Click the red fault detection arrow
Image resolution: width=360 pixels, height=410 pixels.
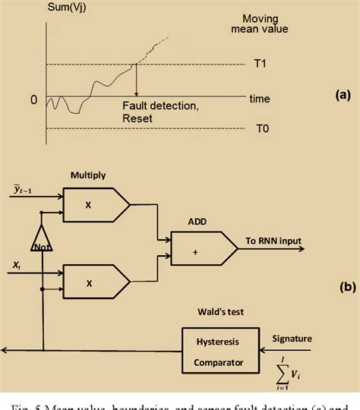[137, 80]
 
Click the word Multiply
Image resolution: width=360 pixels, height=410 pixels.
[88, 175]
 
